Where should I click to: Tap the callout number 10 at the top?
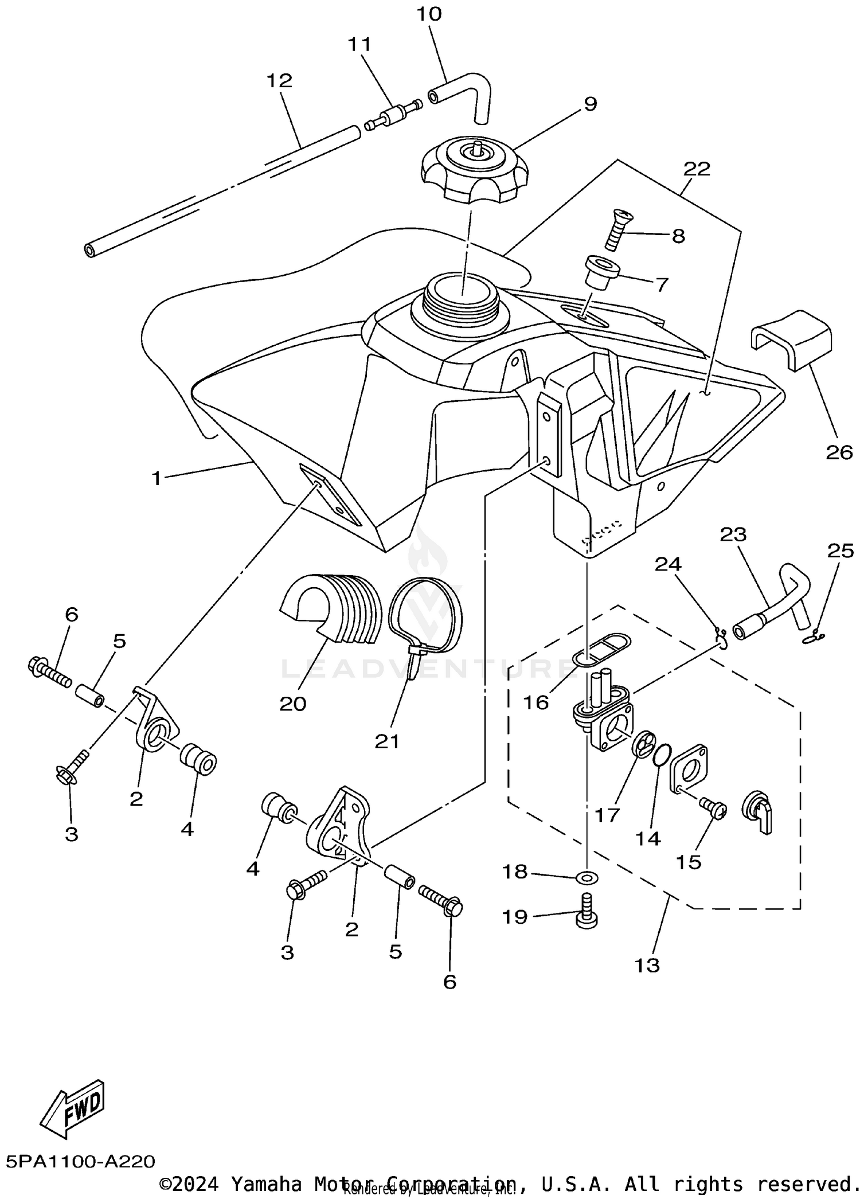tap(429, 14)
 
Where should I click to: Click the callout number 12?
tap(279, 80)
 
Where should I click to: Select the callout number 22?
tap(697, 169)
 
